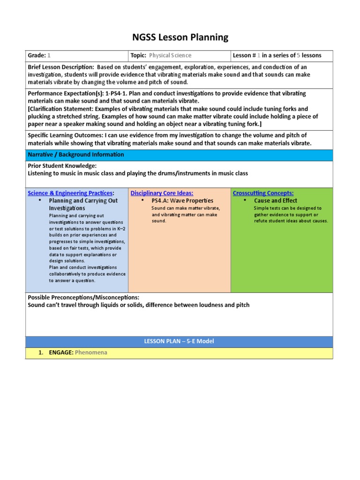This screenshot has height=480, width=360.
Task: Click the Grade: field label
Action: pos(37,55)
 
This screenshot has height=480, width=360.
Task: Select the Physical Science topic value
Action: pos(170,55)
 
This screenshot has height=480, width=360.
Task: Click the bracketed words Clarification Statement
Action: pos(63,109)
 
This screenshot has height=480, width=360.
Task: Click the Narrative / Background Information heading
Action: pos(76,155)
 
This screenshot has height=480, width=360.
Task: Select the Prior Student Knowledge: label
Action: pos(62,166)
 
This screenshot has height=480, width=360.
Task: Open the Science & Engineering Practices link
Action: pos(70,193)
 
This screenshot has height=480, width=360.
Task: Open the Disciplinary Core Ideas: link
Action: pos(162,193)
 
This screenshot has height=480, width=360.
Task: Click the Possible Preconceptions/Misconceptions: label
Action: pos(83,298)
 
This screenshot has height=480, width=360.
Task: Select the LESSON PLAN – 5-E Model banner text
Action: pos(179,341)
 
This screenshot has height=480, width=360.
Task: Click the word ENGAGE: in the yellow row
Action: pos(60,352)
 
